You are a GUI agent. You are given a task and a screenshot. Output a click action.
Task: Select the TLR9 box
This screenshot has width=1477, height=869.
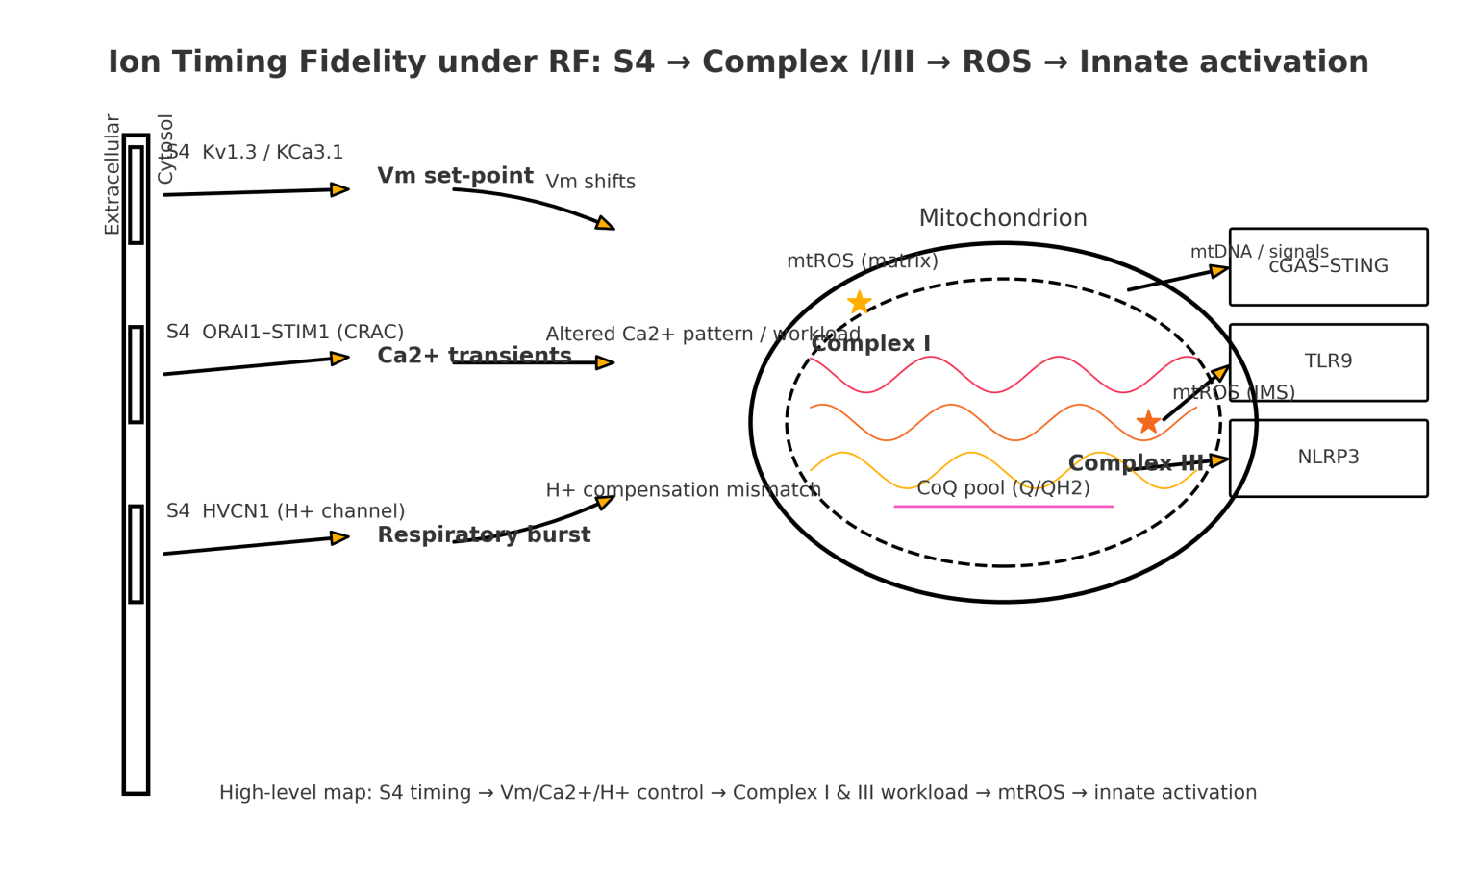[1328, 362]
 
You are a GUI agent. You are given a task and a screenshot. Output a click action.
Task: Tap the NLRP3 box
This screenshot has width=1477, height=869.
[1328, 459]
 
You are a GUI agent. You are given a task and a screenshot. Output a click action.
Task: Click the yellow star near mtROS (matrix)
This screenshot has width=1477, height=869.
[859, 303]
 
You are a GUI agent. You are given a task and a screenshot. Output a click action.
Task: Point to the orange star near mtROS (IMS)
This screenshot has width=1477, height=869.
[1147, 422]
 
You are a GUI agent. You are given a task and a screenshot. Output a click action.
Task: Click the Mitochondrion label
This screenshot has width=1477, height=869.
[1003, 218]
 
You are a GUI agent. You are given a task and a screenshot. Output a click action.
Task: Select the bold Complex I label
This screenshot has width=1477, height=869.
[870, 344]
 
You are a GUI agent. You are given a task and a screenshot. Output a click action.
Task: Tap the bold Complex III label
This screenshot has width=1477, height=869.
[1136, 463]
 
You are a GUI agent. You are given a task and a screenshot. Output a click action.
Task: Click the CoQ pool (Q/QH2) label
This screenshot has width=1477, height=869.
[1003, 488]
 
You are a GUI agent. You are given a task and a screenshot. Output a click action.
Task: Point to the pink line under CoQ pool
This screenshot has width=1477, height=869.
[1003, 507]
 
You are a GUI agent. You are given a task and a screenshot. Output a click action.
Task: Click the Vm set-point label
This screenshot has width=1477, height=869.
[455, 176]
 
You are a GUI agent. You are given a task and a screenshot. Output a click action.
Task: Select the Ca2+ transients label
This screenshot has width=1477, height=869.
[474, 356]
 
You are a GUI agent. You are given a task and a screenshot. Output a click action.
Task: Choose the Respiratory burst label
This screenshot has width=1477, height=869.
[484, 535]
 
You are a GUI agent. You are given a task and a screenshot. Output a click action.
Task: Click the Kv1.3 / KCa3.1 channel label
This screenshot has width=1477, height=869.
[272, 153]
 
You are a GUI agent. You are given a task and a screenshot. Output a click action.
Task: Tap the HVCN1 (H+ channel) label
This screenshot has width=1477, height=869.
[303, 511]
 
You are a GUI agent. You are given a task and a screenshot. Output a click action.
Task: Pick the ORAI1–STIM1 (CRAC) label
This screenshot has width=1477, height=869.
[303, 333]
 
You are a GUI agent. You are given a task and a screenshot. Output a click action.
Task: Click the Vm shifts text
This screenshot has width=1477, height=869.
[590, 183]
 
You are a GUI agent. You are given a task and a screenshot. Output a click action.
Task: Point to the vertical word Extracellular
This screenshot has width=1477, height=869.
[113, 174]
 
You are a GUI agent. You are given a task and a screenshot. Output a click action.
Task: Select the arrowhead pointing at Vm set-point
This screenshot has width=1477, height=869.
[339, 189]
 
